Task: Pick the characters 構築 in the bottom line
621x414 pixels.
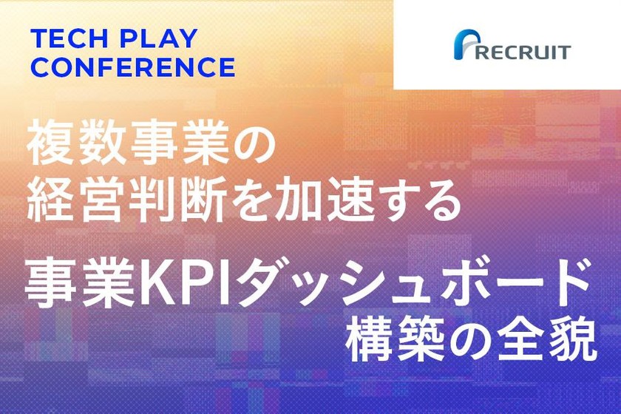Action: (391, 339)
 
